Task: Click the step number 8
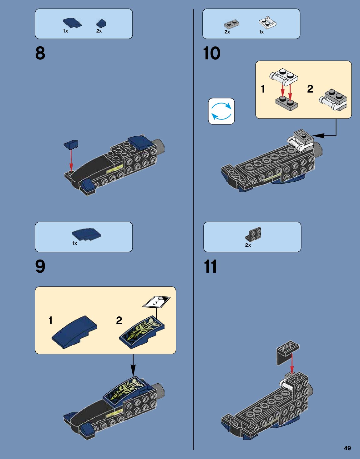pyautogui.click(x=40, y=53)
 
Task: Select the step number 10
pyautogui.click(x=212, y=53)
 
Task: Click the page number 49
pyautogui.click(x=347, y=448)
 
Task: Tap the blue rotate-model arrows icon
pyautogui.click(x=221, y=111)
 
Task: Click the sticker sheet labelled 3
pyautogui.click(x=156, y=302)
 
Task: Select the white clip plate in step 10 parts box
pyautogui.click(x=268, y=23)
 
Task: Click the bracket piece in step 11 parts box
pyautogui.click(x=253, y=234)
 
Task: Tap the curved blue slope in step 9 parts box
pyautogui.click(x=87, y=235)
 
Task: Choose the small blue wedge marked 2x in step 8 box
pyautogui.click(x=101, y=23)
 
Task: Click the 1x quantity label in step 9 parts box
pyautogui.click(x=74, y=243)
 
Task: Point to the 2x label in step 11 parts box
pyautogui.click(x=248, y=245)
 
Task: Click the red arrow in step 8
pyautogui.click(x=71, y=160)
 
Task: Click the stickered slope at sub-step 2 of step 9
pyautogui.click(x=142, y=332)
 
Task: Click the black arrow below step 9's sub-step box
pyautogui.click(x=133, y=365)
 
